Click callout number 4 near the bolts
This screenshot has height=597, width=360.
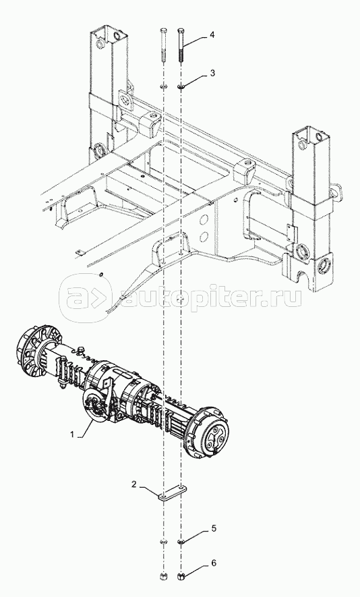click(x=212, y=35)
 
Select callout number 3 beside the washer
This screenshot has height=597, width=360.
click(x=212, y=73)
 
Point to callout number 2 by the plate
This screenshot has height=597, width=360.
click(x=134, y=484)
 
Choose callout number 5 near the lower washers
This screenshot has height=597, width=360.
click(x=214, y=528)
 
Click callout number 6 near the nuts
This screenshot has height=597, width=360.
click(x=214, y=563)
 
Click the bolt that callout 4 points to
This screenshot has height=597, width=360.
click(x=181, y=45)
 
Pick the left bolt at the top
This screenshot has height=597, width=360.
click(x=164, y=45)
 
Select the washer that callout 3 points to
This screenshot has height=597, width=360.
click(x=181, y=88)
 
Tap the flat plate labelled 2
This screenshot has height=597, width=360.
click(x=173, y=492)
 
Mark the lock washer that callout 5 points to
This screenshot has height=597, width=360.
click(x=181, y=542)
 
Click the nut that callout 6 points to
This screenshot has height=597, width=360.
click(x=181, y=575)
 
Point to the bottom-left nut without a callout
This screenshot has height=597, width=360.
click(x=163, y=575)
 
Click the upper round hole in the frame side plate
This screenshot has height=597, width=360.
click(x=204, y=220)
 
